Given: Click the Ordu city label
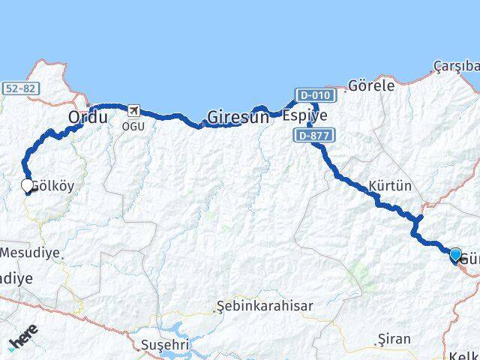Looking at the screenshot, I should [x=88, y=117].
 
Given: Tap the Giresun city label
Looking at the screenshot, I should [x=237, y=117].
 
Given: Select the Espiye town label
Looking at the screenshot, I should [x=304, y=115].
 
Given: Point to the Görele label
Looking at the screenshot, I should [x=371, y=85].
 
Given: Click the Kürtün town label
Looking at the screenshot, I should [x=390, y=185].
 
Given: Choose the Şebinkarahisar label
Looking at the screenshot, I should [x=264, y=306].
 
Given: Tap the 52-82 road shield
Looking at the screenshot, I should [x=19, y=88].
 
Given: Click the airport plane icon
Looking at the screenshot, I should [x=134, y=111].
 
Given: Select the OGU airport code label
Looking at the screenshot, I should [x=133, y=125].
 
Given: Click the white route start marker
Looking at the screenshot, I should [x=27, y=184].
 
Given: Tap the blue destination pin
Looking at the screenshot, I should [x=455, y=255].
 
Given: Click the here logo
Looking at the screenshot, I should [x=22, y=342].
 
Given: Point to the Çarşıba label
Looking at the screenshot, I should [x=456, y=67].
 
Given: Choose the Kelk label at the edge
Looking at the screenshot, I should [x=464, y=355].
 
